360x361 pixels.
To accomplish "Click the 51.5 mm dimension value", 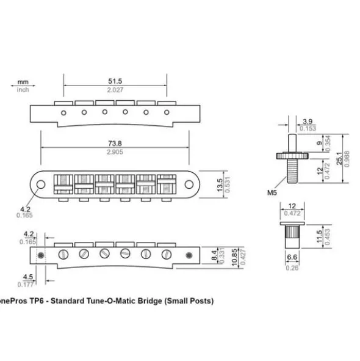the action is click(x=115, y=81).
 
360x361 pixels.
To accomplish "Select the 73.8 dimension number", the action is click(x=115, y=144).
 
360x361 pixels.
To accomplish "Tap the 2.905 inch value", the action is click(x=115, y=152).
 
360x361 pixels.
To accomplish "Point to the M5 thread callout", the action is click(x=272, y=192).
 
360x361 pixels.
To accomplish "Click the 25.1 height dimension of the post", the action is click(x=339, y=158).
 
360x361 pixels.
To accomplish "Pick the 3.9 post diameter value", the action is click(x=308, y=122).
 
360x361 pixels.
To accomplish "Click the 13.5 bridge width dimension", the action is click(x=220, y=185).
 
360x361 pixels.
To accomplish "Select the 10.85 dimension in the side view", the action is click(x=234, y=257).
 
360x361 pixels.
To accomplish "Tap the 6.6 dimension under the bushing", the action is click(x=292, y=257).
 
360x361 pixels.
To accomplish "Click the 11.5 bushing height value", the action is click(x=320, y=236).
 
